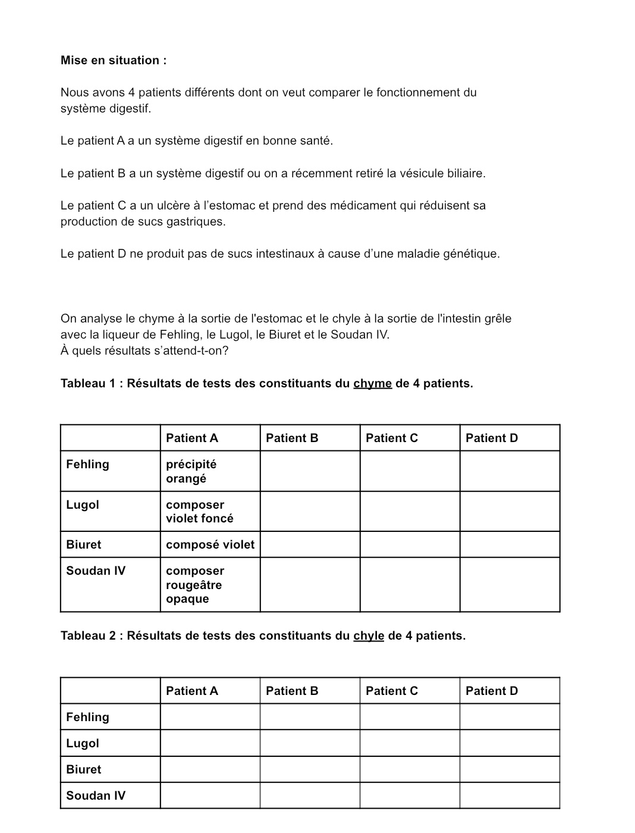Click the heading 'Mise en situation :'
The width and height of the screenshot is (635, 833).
tap(114, 60)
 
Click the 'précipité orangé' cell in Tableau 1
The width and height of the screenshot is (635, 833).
tap(191, 471)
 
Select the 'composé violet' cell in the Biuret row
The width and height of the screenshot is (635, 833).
tap(210, 544)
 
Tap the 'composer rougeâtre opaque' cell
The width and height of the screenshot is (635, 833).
tap(195, 585)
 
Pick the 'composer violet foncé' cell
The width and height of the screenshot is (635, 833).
tap(200, 512)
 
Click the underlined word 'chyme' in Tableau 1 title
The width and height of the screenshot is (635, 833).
tap(372, 383)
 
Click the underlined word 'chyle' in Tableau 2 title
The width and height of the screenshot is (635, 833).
tap(369, 635)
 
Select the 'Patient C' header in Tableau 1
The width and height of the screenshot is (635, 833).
tap(392, 438)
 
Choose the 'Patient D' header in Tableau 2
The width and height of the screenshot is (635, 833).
tap(492, 691)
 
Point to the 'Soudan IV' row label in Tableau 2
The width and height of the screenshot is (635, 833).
tap(96, 796)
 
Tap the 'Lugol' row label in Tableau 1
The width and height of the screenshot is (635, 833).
tap(83, 505)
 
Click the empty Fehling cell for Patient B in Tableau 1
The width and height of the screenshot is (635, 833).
tap(310, 471)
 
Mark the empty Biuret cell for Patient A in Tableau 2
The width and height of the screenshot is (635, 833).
tap(210, 769)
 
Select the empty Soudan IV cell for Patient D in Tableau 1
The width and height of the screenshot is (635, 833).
tap(510, 585)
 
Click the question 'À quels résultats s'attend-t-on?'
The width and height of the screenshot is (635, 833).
tap(144, 350)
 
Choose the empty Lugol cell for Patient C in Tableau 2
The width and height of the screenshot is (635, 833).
tap(410, 743)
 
